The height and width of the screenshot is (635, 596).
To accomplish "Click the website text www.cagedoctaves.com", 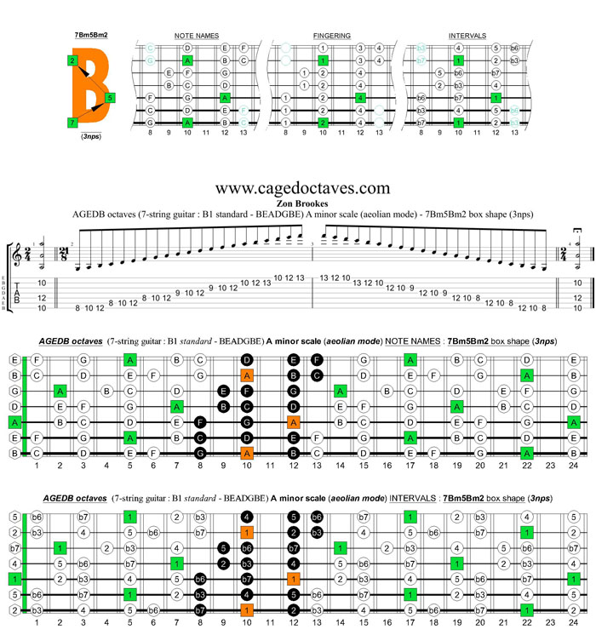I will point(302,188).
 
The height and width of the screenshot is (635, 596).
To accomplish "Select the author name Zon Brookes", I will point(302,203).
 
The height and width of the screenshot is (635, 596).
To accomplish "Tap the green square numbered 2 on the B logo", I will point(72,60).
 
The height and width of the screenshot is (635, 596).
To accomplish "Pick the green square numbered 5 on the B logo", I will point(111,98).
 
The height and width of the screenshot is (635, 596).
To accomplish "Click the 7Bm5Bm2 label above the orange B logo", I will point(90,35).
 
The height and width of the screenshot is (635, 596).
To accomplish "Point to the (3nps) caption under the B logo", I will point(90,136).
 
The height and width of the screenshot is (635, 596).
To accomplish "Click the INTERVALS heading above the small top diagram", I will point(467,36).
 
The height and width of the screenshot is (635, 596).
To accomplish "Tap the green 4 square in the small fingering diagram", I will point(360,98).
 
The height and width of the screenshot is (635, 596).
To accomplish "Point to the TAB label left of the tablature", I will point(19,295).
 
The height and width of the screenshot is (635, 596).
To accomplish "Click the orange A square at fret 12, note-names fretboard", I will point(293,422).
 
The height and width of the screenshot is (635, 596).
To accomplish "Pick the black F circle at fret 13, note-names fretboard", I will point(316,360).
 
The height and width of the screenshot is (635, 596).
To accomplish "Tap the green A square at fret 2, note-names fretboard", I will point(60,391).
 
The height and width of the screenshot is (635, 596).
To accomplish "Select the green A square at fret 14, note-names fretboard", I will point(340,391).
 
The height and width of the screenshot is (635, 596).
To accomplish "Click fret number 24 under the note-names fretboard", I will point(574,466).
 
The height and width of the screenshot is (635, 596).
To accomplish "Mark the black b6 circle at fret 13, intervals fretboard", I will point(316,517).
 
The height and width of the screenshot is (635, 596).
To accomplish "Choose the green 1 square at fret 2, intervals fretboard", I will point(60,547).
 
